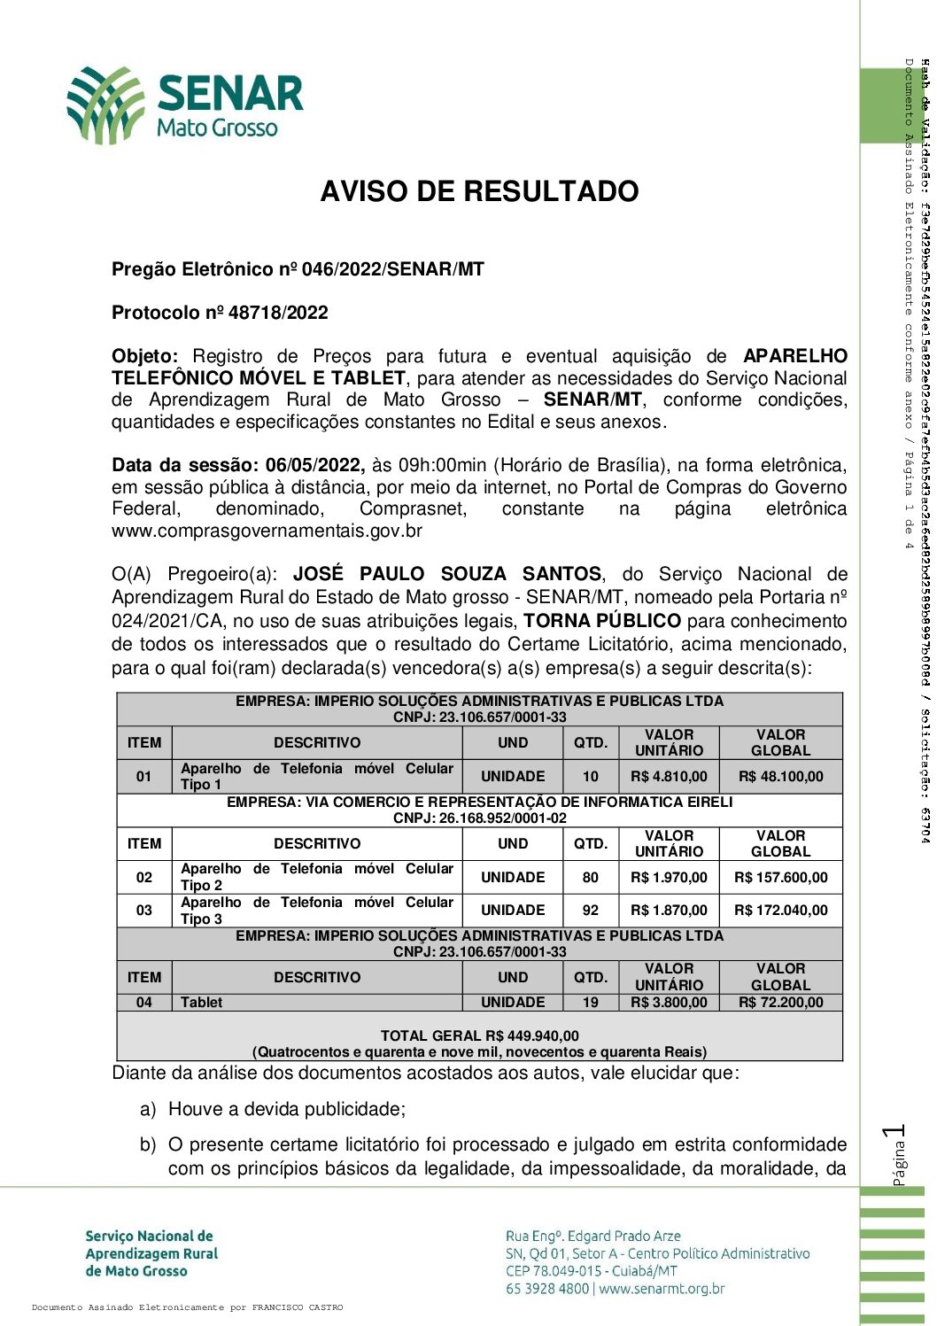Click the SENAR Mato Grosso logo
[x=185, y=105]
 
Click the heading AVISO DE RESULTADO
[x=479, y=191]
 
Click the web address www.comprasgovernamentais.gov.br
[x=267, y=531]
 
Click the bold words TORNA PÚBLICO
[x=602, y=621]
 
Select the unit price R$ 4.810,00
[x=669, y=777]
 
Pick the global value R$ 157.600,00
[x=780, y=878]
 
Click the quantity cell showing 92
[x=590, y=911]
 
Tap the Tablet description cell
[x=202, y=1003]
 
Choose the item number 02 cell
[x=144, y=878]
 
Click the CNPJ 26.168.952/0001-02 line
[x=479, y=818]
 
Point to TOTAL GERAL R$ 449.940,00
[x=479, y=1035]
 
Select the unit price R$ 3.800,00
[x=669, y=1003]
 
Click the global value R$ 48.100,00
[x=780, y=777]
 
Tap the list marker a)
[x=148, y=1109]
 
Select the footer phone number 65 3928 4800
[x=546, y=1289]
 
